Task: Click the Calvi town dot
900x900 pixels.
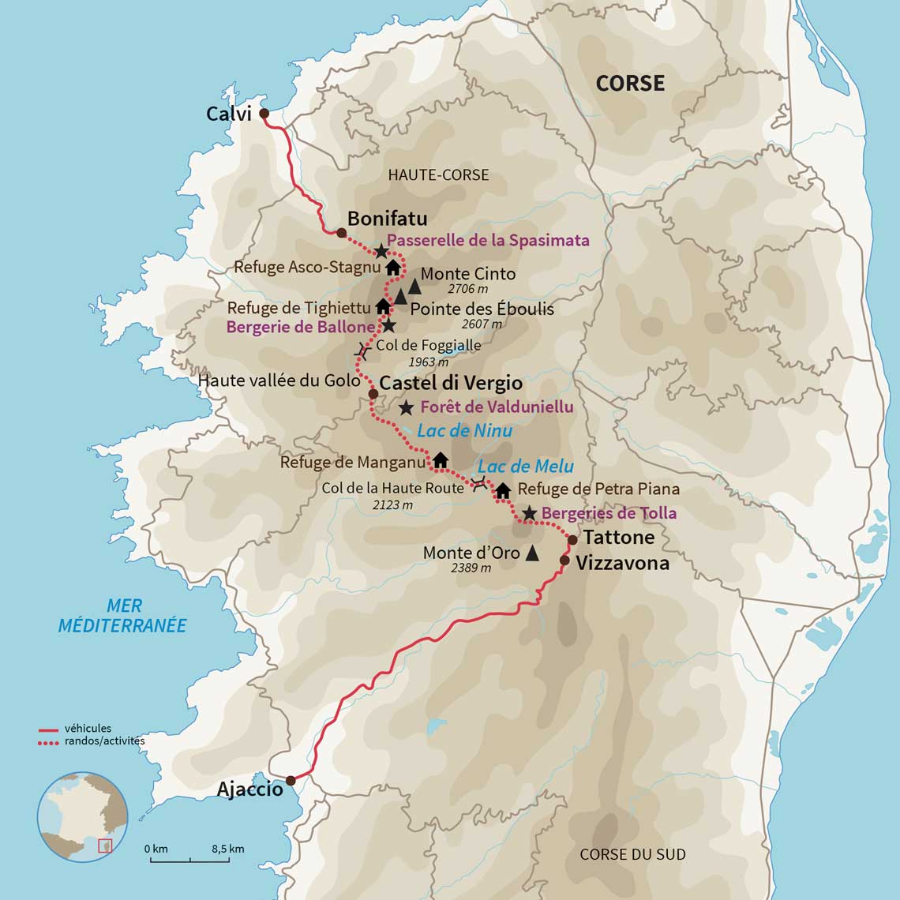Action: tap(264, 113)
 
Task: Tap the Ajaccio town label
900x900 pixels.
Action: tap(249, 789)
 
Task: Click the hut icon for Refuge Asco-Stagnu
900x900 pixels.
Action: tap(392, 267)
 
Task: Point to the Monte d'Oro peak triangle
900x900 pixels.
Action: tap(532, 553)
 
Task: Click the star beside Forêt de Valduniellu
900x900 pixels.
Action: tap(406, 407)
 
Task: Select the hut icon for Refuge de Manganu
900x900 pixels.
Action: tap(441, 459)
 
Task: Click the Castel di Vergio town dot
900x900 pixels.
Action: tap(373, 393)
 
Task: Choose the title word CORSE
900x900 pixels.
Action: tap(630, 83)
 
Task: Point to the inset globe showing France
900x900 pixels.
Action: tap(82, 816)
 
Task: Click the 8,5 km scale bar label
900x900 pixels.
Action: tap(227, 849)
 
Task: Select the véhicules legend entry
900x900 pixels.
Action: tap(87, 729)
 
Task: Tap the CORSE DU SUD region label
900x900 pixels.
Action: tap(632, 854)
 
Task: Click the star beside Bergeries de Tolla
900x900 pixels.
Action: tap(529, 513)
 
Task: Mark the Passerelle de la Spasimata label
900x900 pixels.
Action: tap(488, 239)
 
